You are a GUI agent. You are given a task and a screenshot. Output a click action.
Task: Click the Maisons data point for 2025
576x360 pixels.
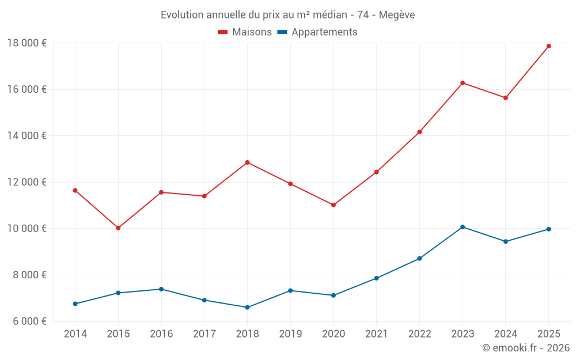tap(548, 46)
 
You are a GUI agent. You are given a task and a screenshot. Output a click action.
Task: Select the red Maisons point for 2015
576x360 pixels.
tap(118, 228)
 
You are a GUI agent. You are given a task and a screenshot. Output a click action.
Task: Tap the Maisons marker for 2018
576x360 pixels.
tap(247, 162)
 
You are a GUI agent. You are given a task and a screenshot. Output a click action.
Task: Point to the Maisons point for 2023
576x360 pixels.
tap(463, 83)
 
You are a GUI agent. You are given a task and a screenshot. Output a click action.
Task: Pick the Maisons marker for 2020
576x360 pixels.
tap(334, 205)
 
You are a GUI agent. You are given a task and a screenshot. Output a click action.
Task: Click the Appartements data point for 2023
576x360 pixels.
tap(463, 227)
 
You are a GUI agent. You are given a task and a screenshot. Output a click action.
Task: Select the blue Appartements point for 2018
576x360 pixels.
tap(247, 308)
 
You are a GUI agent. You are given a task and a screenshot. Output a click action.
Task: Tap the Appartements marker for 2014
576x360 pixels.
tap(75, 304)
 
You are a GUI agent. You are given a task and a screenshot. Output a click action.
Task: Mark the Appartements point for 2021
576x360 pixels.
tap(376, 278)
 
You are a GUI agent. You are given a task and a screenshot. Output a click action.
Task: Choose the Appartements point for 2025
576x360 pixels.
tap(548, 229)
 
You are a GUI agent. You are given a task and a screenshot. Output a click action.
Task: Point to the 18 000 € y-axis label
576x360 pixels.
tap(27, 43)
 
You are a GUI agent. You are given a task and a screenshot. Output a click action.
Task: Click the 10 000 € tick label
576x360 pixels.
tap(27, 229)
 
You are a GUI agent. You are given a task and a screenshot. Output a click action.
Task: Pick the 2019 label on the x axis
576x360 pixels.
tap(290, 334)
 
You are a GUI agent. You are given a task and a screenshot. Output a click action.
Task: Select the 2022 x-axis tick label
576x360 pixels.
tap(419, 334)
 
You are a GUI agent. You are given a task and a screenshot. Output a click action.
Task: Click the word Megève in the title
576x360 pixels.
tap(397, 15)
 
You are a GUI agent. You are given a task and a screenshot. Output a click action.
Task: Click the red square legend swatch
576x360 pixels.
tap(223, 32)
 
